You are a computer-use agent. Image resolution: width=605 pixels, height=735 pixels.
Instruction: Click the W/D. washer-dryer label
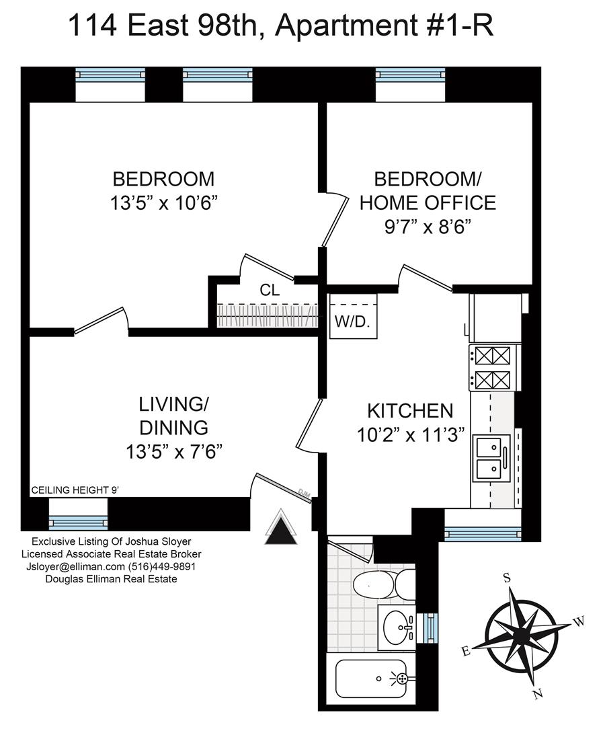click(x=352, y=322)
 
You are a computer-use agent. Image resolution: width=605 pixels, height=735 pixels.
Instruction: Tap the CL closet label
click(x=270, y=290)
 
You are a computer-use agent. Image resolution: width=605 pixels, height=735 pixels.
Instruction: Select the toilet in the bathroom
click(x=384, y=584)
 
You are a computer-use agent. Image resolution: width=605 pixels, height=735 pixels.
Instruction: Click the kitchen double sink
click(x=491, y=458)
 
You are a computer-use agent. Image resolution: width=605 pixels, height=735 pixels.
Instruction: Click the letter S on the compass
click(x=507, y=578)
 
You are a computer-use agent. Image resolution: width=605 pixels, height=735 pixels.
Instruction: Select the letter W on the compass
click(x=578, y=621)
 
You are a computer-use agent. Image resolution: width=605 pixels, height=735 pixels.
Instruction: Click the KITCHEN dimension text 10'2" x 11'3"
click(x=410, y=435)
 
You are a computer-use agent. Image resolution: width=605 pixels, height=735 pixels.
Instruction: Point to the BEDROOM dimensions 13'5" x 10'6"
click(x=164, y=203)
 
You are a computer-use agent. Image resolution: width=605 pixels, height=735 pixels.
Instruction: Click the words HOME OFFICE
click(x=428, y=202)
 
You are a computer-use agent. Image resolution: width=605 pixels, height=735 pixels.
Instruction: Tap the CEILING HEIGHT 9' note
click(x=75, y=490)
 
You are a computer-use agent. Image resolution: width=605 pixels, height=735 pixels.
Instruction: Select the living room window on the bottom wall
click(x=78, y=522)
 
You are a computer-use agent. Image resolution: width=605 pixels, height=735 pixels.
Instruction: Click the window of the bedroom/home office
click(x=410, y=73)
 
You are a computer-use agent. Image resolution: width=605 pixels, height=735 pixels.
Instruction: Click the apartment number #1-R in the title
click(x=454, y=25)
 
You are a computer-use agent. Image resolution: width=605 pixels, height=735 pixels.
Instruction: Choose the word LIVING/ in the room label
click(x=173, y=403)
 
